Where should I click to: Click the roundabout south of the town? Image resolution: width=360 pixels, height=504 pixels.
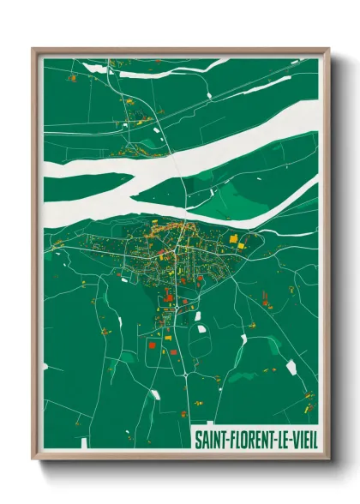184,375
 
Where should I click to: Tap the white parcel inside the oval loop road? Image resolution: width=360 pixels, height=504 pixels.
203,328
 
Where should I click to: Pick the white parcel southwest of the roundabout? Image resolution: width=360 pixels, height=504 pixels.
155,394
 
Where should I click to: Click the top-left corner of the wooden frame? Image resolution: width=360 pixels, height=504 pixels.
33,49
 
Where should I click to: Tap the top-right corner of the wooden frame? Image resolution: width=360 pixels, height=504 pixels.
329,49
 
